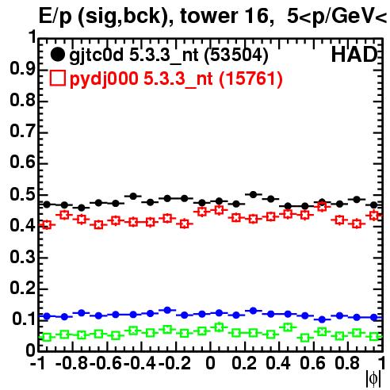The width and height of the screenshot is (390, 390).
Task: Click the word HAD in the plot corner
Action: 354,55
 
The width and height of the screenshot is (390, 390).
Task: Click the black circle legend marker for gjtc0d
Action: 57,55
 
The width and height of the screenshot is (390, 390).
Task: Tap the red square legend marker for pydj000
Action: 57,78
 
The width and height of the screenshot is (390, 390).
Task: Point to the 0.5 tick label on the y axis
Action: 22,195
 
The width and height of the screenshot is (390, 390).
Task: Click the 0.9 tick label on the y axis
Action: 22,69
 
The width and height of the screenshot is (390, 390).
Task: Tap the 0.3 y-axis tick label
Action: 22,257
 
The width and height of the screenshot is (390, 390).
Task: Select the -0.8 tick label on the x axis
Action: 72,364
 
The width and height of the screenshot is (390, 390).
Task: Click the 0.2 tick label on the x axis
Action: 244,364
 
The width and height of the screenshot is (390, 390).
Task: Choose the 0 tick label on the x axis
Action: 210,364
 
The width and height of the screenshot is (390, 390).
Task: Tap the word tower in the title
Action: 205,16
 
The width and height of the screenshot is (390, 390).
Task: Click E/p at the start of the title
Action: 55,17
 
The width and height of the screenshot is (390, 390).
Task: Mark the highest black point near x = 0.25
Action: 253,195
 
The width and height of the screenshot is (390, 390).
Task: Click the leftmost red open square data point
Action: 47,225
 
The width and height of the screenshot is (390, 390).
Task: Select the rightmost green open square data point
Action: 374,337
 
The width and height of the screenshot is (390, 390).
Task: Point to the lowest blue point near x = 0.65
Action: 322,319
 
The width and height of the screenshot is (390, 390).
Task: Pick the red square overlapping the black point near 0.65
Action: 322,207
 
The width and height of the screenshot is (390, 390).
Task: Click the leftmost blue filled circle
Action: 47,316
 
